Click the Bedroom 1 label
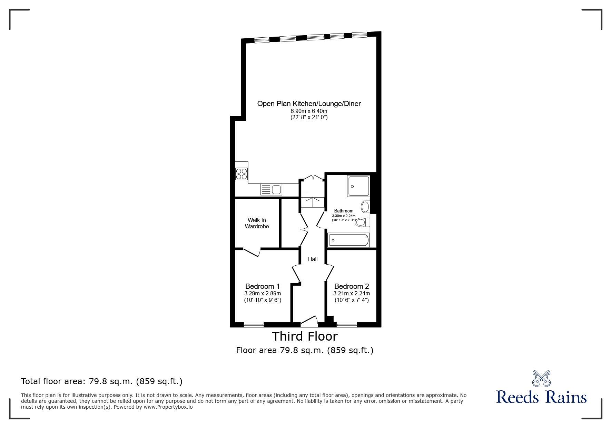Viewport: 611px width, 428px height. point(262,286)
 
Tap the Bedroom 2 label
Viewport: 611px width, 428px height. point(351,286)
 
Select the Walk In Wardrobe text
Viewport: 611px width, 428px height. point(257,223)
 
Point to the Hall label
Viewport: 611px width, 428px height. point(313,259)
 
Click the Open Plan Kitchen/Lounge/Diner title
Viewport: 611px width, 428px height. point(309,104)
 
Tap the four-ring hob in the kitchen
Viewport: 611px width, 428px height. point(241,174)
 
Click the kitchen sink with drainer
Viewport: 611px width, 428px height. point(271,190)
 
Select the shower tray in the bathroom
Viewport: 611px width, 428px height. point(358,186)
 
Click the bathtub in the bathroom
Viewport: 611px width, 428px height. point(348,240)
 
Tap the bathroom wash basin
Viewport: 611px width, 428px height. point(365,207)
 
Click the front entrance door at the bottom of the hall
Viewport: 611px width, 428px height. point(309,322)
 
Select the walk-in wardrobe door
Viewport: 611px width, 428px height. point(252,253)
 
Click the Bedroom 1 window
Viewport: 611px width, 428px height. point(254,324)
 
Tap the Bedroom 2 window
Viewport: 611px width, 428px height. point(346,324)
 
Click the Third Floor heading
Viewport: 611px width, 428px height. point(305,336)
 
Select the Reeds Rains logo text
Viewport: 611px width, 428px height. point(541,397)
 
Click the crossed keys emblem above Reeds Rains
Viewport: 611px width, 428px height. point(541,378)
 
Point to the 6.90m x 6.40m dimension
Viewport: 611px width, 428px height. point(309,111)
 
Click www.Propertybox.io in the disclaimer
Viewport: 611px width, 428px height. point(168,407)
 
